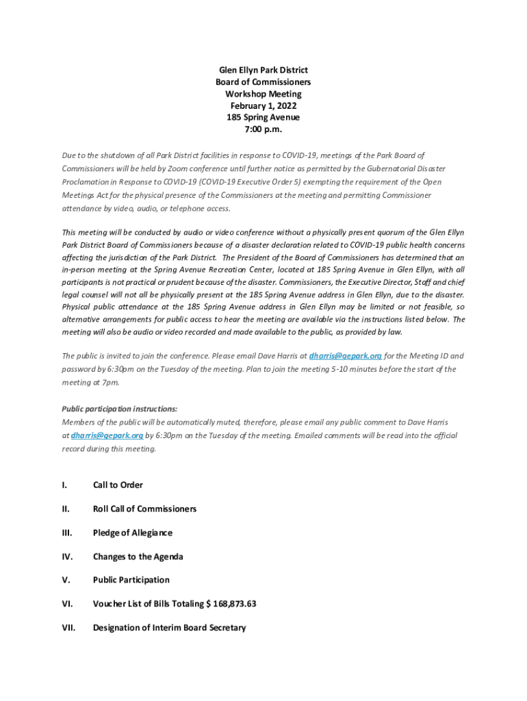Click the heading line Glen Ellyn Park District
point(263,70)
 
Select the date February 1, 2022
point(263,105)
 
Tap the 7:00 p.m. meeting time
point(263,129)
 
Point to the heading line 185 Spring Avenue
point(263,117)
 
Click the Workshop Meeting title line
point(263,94)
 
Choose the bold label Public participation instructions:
point(120,408)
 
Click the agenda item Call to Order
point(118,485)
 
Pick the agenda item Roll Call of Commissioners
point(144,509)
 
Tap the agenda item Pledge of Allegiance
point(132,533)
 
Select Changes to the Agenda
point(138,557)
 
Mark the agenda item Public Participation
point(131,580)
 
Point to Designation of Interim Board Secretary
point(169,627)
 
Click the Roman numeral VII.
point(68,627)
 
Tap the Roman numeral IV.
point(66,557)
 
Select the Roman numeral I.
point(64,485)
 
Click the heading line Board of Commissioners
point(263,82)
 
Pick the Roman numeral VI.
point(67,604)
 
